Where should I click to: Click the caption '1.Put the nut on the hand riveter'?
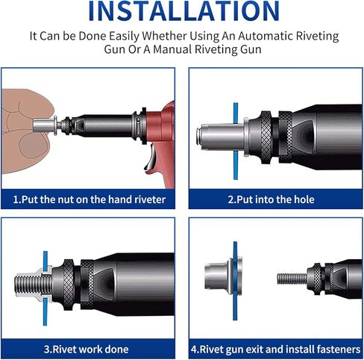pyautogui.click(x=89, y=199)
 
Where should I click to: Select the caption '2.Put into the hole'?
pyautogui.click(x=272, y=199)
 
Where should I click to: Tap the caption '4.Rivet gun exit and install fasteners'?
pyautogui.click(x=274, y=349)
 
